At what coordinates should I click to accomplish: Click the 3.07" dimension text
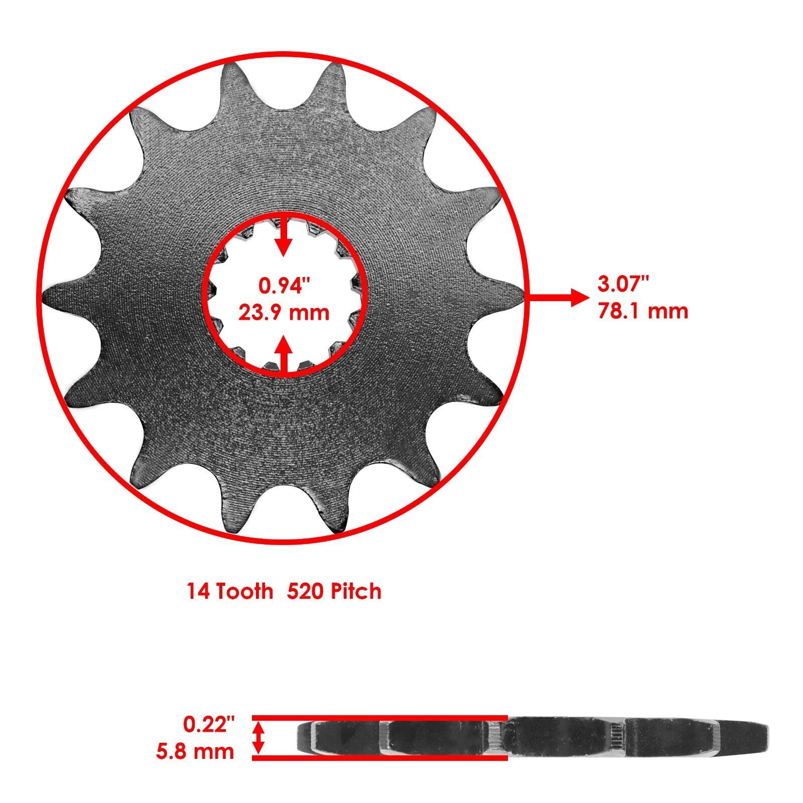[623, 285]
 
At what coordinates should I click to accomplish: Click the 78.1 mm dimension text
[643, 312]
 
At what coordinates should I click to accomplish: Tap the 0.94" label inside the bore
[285, 286]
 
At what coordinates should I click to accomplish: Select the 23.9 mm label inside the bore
[284, 313]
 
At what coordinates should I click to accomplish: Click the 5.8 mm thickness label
[195, 751]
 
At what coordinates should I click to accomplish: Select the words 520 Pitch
[334, 591]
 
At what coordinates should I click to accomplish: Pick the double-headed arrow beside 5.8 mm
[258, 737]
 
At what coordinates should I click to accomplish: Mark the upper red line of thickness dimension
[379, 717]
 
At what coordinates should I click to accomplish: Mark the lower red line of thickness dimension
[379, 757]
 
